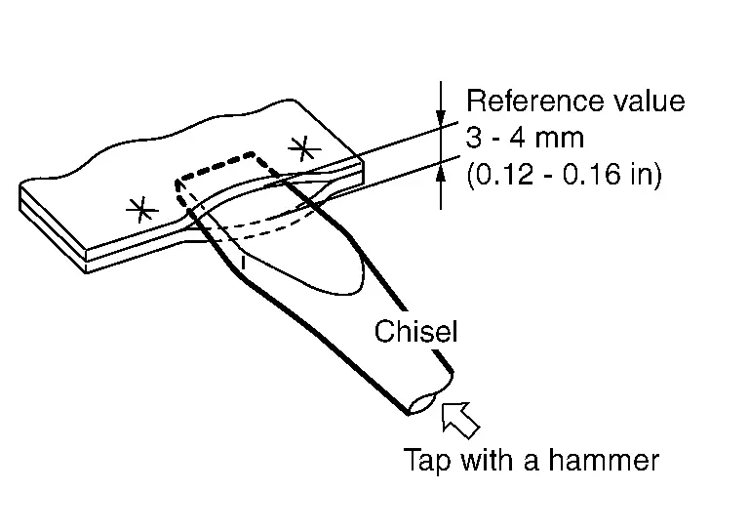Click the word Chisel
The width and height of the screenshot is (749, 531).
tap(415, 332)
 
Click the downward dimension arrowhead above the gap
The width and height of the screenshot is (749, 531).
tap(441, 115)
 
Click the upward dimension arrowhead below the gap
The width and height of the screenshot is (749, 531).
tap(441, 173)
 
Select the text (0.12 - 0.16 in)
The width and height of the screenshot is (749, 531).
tap(564, 175)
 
